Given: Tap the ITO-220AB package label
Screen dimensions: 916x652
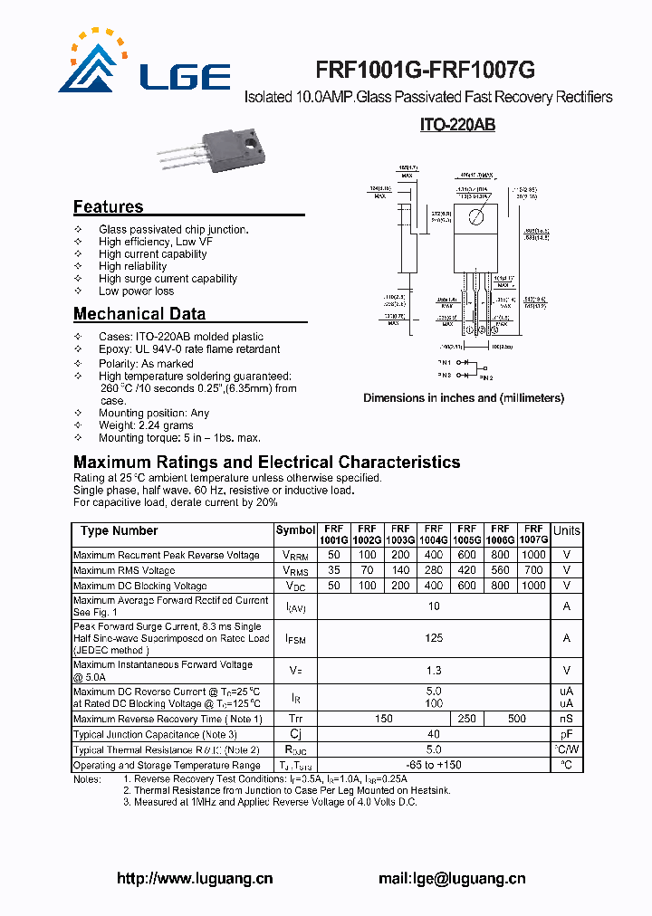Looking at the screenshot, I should (457, 126).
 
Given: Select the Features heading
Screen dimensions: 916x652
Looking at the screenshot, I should (108, 206).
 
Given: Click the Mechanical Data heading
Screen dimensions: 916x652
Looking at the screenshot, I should (139, 314).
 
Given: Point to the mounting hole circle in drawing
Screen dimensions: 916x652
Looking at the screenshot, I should (476, 216).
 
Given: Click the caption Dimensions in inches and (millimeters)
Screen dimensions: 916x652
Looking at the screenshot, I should (464, 398).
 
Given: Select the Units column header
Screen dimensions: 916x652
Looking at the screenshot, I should (567, 531).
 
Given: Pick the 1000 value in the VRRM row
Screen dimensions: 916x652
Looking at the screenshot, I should (533, 555).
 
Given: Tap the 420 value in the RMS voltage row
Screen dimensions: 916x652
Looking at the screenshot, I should (466, 570).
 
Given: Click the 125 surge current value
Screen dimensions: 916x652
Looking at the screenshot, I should (434, 638).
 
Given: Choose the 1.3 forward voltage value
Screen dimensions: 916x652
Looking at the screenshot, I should (434, 671).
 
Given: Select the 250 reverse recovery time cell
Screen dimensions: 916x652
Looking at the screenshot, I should (466, 719).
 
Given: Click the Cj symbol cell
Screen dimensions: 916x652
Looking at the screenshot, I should (295, 734).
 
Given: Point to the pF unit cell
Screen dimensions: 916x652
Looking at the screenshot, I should (567, 734).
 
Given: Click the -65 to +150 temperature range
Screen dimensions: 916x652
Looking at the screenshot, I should (434, 765).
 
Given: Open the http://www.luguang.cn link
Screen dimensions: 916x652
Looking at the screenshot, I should (195, 878).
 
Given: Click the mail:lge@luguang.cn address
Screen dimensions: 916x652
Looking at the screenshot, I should (452, 878).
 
